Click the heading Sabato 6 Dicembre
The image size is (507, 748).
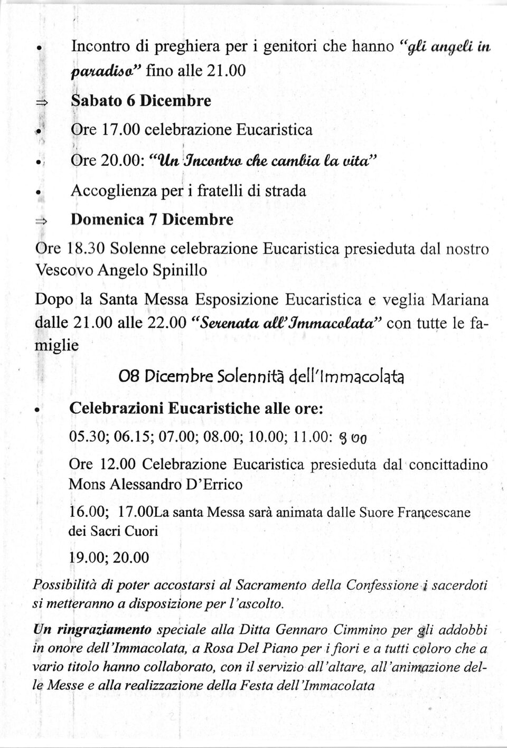click(141, 100)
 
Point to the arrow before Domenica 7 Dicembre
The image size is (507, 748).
click(42, 221)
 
